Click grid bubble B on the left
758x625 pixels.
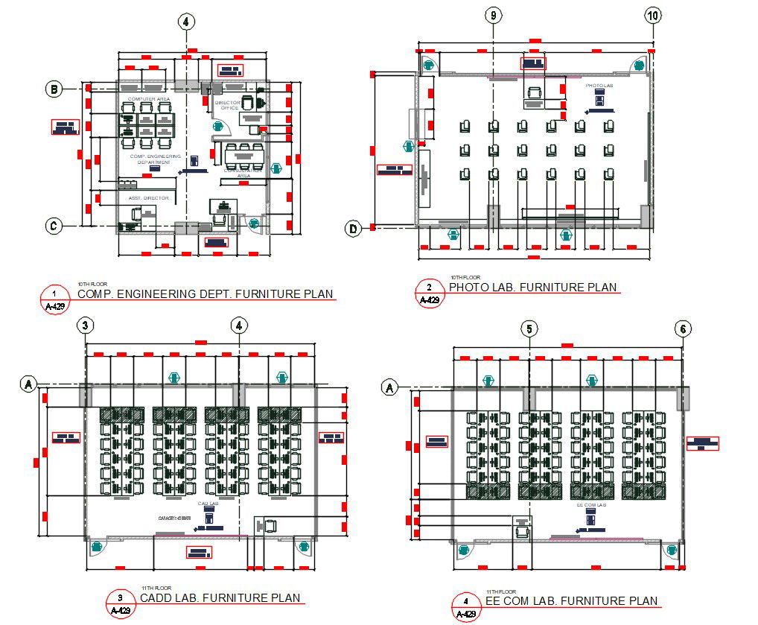coord(54,89)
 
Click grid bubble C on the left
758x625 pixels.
coord(54,225)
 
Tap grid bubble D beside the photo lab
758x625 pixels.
coord(354,229)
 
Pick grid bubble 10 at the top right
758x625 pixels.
coord(653,15)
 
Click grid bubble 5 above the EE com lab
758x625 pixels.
coord(529,329)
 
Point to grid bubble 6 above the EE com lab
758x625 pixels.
coord(683,329)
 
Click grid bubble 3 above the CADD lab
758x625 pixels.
coord(86,326)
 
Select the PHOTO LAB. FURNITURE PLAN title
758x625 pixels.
coord(532,288)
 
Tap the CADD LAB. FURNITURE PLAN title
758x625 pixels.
coord(220,597)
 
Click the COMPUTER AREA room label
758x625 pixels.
coord(149,99)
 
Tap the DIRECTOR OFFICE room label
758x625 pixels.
coord(227,105)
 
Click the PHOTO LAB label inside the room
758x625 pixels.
coord(599,86)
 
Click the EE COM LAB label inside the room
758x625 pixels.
coord(591,505)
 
